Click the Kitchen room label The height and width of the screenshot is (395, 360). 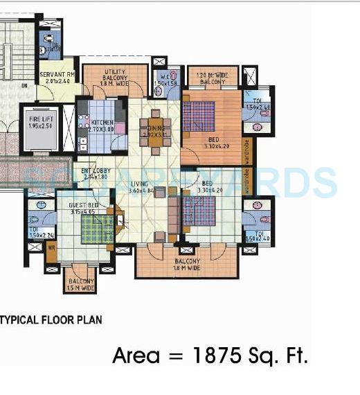pyautogui.click(x=102, y=123)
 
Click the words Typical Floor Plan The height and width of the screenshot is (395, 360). pyautogui.click(x=52, y=319)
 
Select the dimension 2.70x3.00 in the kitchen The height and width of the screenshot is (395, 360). pyautogui.click(x=102, y=130)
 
